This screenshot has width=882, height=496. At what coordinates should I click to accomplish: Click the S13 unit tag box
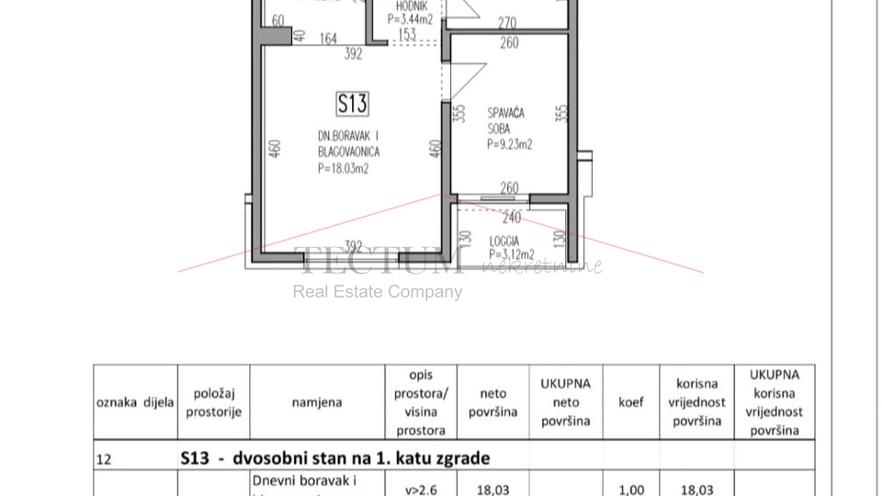coord(352,103)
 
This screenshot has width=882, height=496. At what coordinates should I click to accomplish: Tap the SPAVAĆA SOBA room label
coord(505,121)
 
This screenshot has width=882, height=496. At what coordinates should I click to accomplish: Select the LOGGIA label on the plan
coord(504,242)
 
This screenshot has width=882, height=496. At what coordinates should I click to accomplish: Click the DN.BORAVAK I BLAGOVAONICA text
coord(348,143)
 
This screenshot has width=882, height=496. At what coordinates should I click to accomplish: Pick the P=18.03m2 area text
coord(344,168)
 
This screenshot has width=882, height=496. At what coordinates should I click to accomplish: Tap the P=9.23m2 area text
coord(510,144)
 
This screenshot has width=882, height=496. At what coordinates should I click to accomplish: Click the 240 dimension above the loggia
coord(512,218)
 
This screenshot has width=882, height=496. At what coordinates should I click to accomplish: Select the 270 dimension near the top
coord(507,24)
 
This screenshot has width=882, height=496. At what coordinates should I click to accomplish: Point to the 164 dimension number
coord(328,39)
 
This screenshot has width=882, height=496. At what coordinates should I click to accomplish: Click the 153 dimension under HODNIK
coord(407,35)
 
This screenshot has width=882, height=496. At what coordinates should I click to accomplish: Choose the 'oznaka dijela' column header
coord(135,402)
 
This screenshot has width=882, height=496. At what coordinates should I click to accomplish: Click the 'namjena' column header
coord(317,402)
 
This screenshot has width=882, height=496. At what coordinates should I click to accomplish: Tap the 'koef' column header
coord(631,402)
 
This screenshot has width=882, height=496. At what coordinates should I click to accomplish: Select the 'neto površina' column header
coord(493,402)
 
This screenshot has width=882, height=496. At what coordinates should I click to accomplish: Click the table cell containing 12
coord(104,458)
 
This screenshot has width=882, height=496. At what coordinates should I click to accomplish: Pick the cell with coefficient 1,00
coord(631,490)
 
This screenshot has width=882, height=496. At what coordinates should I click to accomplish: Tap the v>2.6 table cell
coord(420,490)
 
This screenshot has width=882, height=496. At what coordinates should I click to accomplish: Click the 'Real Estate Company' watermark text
coord(378,292)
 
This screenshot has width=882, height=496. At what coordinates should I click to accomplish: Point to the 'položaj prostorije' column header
coord(213,402)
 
